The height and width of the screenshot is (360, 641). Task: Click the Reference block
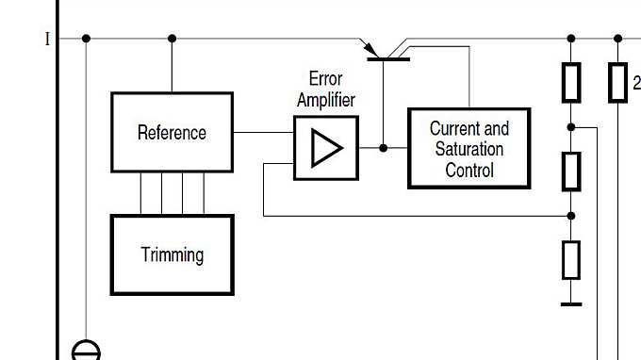tap(172, 132)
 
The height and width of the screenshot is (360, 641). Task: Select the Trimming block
tap(172, 254)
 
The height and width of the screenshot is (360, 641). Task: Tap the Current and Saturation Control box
tap(468, 148)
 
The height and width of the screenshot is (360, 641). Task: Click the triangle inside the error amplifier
tap(326, 148)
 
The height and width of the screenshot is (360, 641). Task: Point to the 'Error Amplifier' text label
tap(325, 90)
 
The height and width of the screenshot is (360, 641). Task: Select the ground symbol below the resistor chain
tap(570, 303)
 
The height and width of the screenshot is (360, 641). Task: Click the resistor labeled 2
tap(617, 82)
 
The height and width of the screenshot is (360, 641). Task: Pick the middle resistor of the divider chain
tap(570, 171)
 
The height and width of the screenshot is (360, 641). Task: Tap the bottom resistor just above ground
tap(570, 259)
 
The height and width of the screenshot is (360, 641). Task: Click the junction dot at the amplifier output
tap(384, 148)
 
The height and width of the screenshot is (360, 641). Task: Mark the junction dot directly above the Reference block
tap(172, 39)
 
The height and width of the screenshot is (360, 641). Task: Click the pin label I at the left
tap(47, 40)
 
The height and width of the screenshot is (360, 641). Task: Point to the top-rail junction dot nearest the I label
tap(86, 39)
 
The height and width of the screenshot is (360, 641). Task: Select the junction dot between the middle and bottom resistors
tap(570, 216)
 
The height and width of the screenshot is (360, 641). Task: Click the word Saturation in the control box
tap(468, 149)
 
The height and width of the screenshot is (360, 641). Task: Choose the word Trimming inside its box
tap(172, 254)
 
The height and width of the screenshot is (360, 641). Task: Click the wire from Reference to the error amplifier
tap(263, 132)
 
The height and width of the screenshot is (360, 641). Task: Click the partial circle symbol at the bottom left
tap(86, 351)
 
